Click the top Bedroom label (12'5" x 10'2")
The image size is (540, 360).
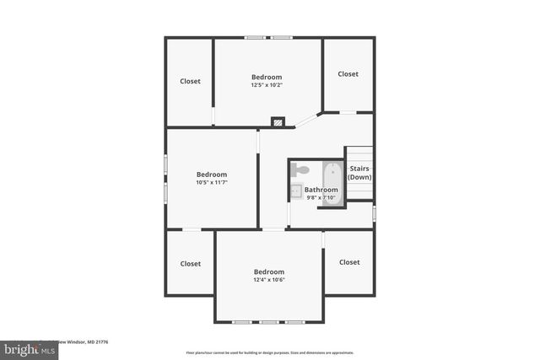[x=266, y=77]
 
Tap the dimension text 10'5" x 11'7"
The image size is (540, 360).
[x=212, y=182]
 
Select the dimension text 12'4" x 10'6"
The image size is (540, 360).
[x=269, y=280]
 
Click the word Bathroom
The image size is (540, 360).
[x=321, y=191]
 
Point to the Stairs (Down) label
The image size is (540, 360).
[x=360, y=173]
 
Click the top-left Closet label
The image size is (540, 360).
[x=190, y=82]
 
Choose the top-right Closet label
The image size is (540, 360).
[x=348, y=74]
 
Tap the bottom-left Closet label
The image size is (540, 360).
[x=190, y=264]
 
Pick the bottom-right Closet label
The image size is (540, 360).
[x=349, y=262]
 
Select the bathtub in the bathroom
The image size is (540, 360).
[x=332, y=184]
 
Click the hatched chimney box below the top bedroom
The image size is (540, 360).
[x=278, y=122]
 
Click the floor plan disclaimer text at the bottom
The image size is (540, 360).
[x=269, y=352]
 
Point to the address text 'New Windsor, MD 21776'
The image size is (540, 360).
[x=85, y=342]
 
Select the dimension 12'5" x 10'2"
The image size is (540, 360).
[x=266, y=84]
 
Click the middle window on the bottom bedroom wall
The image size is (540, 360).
[x=269, y=322]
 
